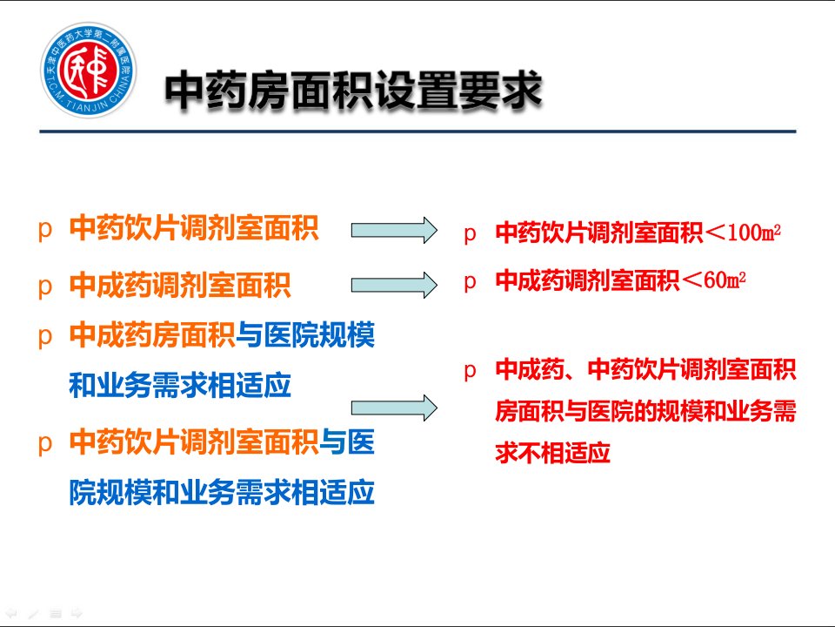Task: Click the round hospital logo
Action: pyautogui.click(x=89, y=70)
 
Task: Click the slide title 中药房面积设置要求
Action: pyautogui.click(x=353, y=91)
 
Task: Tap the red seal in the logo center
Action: pyautogui.click(x=89, y=70)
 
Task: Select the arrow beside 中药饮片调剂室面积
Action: pyautogui.click(x=394, y=230)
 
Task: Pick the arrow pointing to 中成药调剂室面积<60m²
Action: pyautogui.click(x=394, y=285)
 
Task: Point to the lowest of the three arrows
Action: pyautogui.click(x=394, y=408)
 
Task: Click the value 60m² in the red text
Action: pyautogui.click(x=725, y=280)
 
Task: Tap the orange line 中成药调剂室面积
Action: pyautogui.click(x=180, y=285)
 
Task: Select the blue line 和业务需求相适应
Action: pyautogui.click(x=180, y=385)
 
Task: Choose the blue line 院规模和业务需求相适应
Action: pyautogui.click(x=222, y=491)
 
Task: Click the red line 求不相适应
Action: pyautogui.click(x=553, y=453)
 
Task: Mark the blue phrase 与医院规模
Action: pyautogui.click(x=305, y=334)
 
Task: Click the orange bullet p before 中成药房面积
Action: pyautogui.click(x=45, y=337)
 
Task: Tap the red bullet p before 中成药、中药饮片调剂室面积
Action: pyautogui.click(x=470, y=371)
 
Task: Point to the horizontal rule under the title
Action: pyautogui.click(x=417, y=131)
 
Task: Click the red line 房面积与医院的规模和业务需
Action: pyautogui.click(x=645, y=411)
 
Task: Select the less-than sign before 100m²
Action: pyautogui.click(x=715, y=233)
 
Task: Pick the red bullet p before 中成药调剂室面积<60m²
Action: pyautogui.click(x=470, y=281)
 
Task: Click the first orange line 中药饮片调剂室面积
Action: pyautogui.click(x=194, y=228)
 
